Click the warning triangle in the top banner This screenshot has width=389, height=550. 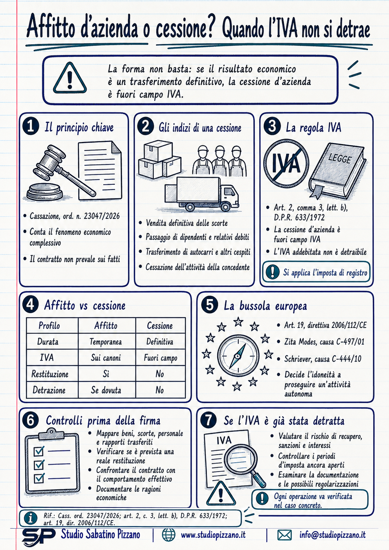70,78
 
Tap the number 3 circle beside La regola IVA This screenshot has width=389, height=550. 272,127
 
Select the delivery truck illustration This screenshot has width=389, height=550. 202,194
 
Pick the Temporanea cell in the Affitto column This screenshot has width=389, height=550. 106,342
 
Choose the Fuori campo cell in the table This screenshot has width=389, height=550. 160,358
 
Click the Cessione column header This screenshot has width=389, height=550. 160,326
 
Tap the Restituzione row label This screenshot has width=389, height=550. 50,374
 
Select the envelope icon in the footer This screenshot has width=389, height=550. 284,535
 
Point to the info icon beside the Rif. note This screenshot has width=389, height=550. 31,518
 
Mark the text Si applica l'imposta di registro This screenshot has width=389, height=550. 325,273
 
